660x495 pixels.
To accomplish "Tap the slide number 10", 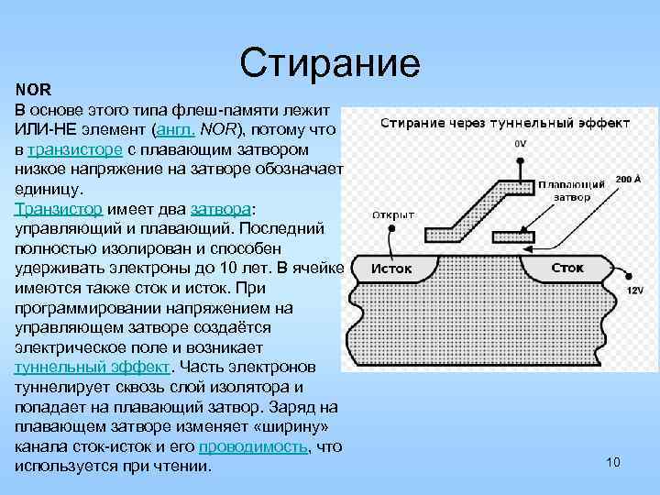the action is pyautogui.click(x=613, y=461).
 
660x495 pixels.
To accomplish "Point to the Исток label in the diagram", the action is pyautogui.click(x=391, y=269).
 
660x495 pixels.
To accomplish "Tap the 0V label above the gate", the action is pyautogui.click(x=521, y=144).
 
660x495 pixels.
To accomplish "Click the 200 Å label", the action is pyautogui.click(x=628, y=180).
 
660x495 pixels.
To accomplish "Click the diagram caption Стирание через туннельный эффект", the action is pyautogui.click(x=504, y=122).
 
